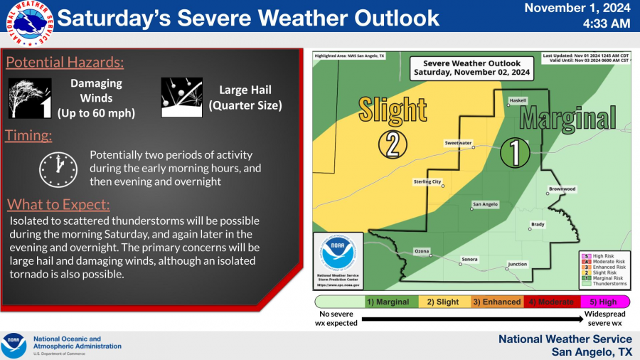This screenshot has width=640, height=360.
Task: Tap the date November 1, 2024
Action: point(577,9)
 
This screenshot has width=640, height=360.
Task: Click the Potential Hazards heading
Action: point(65,63)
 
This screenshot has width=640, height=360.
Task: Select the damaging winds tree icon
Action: point(30,97)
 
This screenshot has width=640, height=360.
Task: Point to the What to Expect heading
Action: point(58,205)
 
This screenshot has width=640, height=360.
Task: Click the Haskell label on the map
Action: point(517,100)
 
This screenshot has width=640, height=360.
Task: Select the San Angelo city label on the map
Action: point(486,204)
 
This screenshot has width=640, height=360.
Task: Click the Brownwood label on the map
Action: point(562,189)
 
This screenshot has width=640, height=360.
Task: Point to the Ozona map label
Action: point(422,251)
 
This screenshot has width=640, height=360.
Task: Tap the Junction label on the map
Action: point(517,264)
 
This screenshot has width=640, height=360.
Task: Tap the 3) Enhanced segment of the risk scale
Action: point(496,302)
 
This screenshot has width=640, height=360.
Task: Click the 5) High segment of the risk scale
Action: point(603,302)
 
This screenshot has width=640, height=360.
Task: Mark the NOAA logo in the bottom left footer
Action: point(14,346)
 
